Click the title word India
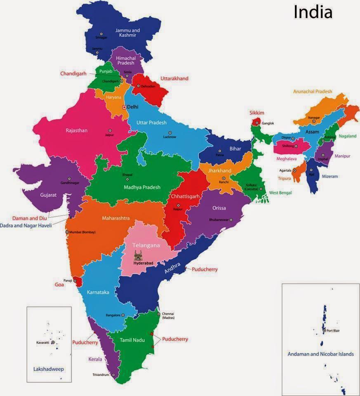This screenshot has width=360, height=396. pyautogui.click(x=313, y=12)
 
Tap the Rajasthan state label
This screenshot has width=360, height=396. pyautogui.click(x=77, y=130)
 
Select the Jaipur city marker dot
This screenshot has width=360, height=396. pyautogui.click(x=110, y=130)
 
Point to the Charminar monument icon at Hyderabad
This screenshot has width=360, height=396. pyautogui.click(x=138, y=255)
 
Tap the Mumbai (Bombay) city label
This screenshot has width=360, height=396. pyautogui.click(x=83, y=232)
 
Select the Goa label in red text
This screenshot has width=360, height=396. pyautogui.click(x=59, y=285)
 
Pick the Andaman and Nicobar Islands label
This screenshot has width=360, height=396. pyautogui.click(x=320, y=354)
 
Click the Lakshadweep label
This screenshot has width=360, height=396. pyautogui.click(x=49, y=369)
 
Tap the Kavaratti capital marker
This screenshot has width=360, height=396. pyautogui.click(x=53, y=342)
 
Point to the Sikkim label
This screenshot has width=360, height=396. pyautogui.click(x=256, y=113)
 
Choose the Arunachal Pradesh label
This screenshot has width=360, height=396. pyautogui.click(x=313, y=92)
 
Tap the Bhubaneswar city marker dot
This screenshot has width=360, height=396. pyautogui.click(x=231, y=219)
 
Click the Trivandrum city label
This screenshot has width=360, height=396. pyautogui.click(x=101, y=375)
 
